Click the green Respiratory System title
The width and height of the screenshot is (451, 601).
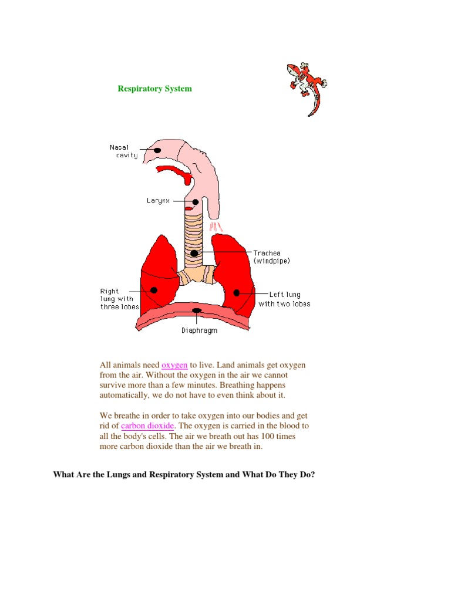tap(154, 89)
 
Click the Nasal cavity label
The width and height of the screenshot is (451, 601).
tap(123, 151)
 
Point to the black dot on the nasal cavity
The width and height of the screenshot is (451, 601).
tap(157, 150)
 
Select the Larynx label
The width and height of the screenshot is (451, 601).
tap(157, 201)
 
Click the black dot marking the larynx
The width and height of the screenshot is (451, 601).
tap(196, 202)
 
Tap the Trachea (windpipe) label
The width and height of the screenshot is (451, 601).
tap(271, 256)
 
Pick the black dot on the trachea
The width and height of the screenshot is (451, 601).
tap(194, 254)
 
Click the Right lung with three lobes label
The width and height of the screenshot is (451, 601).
tap(119, 299)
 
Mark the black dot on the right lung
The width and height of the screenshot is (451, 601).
tap(154, 290)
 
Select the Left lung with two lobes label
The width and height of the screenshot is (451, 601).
tap(285, 299)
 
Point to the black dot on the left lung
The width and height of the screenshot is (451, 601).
tap(237, 292)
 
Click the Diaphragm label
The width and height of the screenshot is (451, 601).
tap(199, 330)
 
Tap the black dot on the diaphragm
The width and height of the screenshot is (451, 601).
tap(197, 310)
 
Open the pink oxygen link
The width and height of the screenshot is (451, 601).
tap(174, 365)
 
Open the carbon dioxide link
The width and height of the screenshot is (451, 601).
tap(147, 426)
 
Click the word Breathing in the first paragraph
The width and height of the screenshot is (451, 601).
tap(242, 385)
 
